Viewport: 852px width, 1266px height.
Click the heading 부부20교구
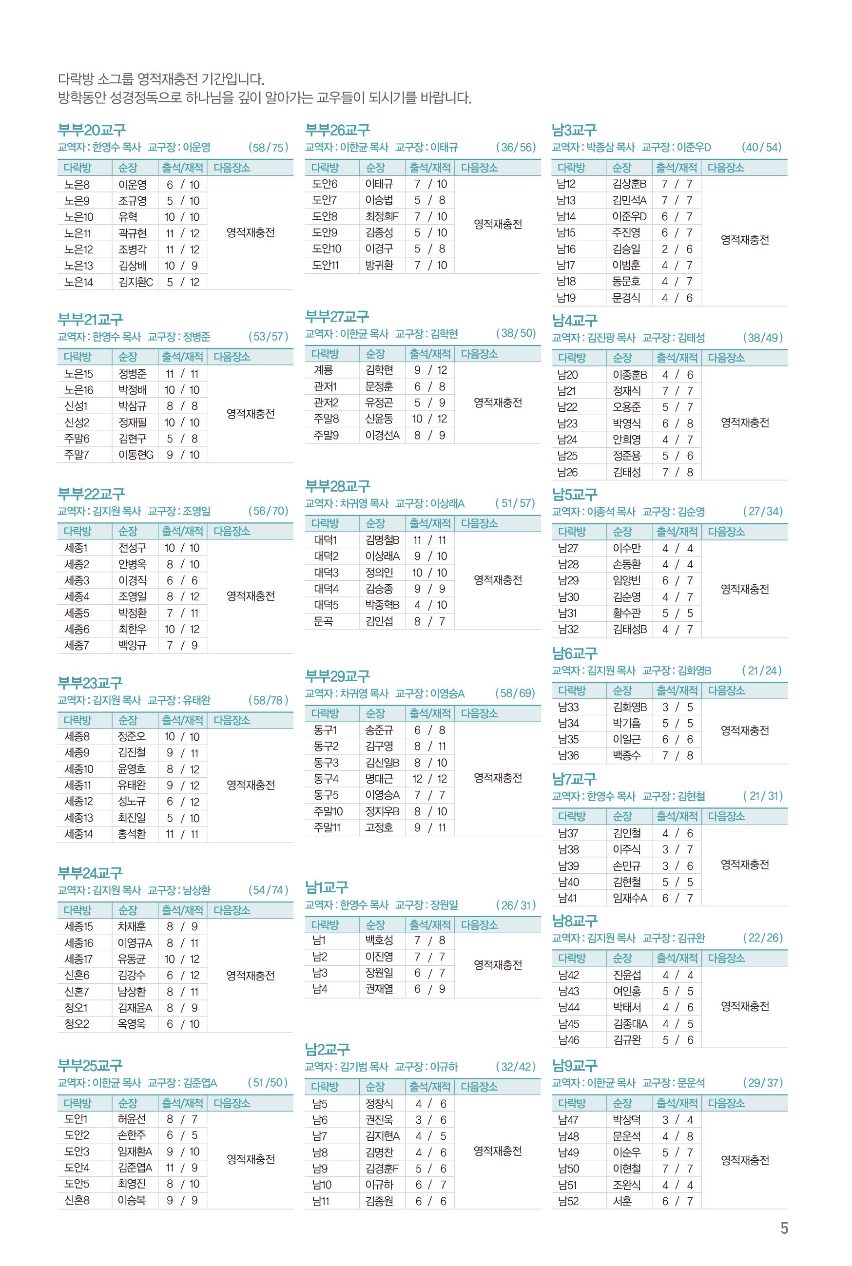coord(91,130)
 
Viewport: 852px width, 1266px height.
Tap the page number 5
coord(784,1228)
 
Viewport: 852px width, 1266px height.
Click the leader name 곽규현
coord(133,233)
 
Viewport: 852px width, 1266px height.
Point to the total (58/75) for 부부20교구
coord(268,147)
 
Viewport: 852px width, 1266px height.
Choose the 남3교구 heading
coord(574,130)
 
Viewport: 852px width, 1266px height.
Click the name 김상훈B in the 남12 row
coord(629,184)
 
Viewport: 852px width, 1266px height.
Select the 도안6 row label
coord(325,184)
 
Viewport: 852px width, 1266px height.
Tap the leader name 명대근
coord(379,779)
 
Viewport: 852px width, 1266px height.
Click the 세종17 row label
coord(78,959)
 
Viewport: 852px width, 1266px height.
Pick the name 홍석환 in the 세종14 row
coord(132,834)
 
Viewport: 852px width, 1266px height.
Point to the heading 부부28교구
coord(337,485)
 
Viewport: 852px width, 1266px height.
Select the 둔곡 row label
coord(323,621)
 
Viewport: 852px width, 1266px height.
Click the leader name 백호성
coord(379,940)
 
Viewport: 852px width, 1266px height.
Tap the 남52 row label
coord(568,1201)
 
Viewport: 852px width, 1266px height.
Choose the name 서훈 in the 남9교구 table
coord(622,1201)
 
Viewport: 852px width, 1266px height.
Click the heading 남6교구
coord(574,653)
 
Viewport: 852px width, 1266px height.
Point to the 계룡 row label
coord(323,370)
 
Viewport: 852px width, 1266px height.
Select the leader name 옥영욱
coord(132,1024)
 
